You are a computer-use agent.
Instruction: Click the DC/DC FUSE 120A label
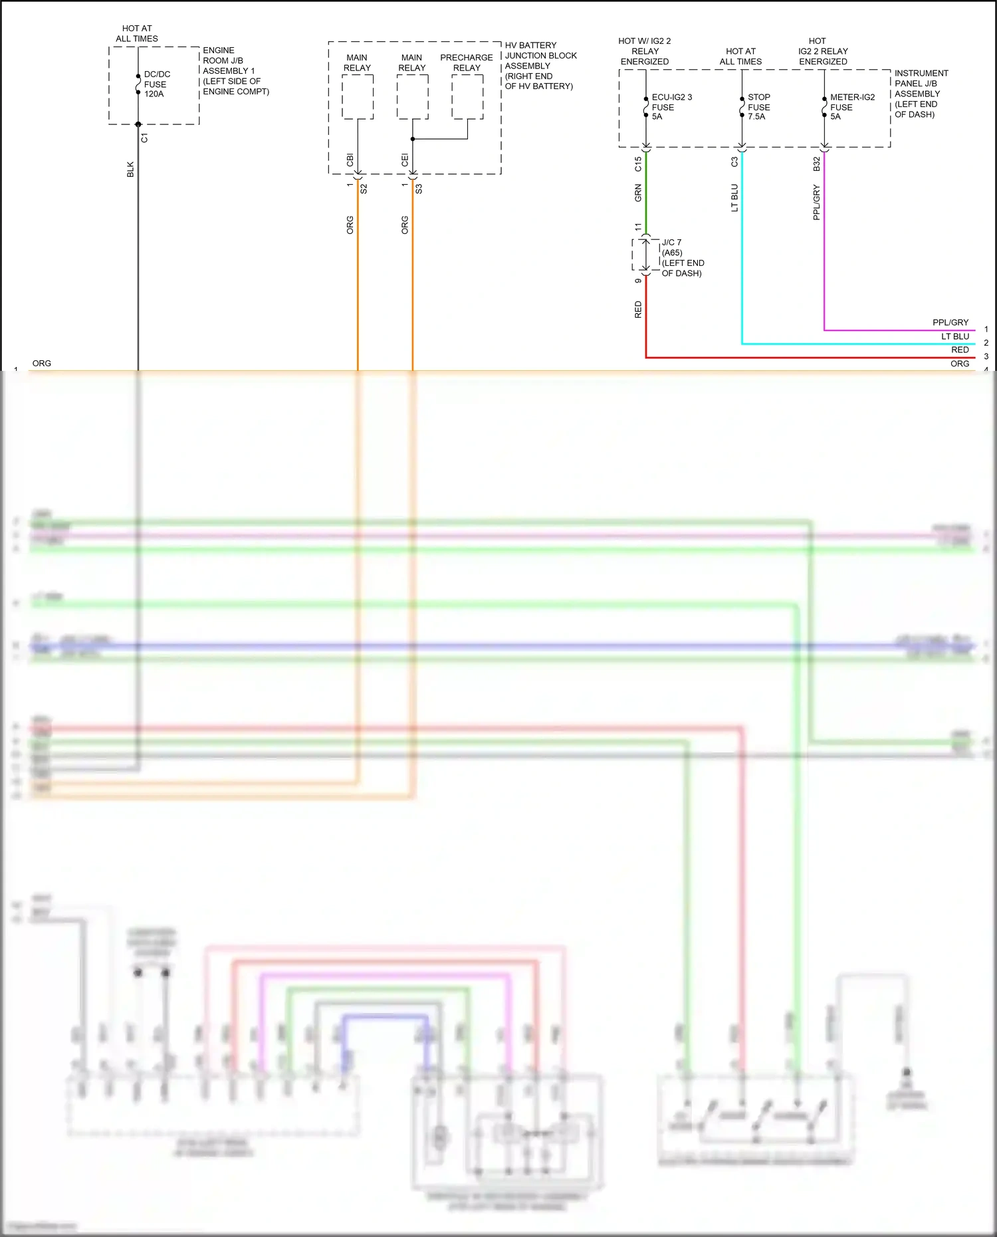[156, 84]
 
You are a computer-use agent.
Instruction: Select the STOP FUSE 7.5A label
[758, 107]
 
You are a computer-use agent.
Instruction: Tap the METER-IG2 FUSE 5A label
[851, 107]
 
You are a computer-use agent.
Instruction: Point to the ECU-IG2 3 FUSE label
[671, 107]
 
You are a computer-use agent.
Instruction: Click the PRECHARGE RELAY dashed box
[467, 97]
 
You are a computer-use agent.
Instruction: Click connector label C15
[638, 164]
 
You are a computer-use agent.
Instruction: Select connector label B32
[817, 164]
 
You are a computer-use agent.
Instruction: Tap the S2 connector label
[364, 189]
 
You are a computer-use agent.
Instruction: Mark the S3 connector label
[419, 189]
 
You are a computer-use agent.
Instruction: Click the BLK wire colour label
[130, 169]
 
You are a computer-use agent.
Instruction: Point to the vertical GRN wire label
[638, 193]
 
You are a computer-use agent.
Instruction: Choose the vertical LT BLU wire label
[734, 198]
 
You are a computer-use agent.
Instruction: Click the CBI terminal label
[350, 160]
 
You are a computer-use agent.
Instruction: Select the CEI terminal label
[405, 160]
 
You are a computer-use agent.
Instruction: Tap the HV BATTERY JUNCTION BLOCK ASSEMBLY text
[540, 66]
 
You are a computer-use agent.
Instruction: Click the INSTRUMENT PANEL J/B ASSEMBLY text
[921, 94]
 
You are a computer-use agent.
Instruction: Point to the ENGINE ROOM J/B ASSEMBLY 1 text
[235, 70]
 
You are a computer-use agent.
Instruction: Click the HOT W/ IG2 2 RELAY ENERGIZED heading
[645, 51]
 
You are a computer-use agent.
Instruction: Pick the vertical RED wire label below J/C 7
[638, 310]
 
